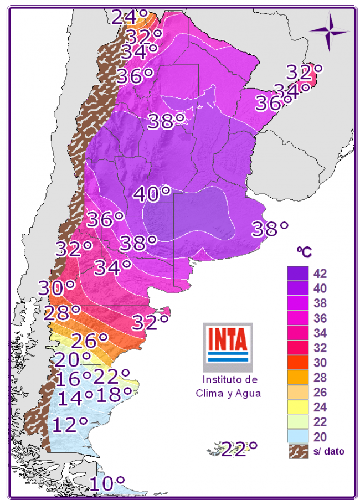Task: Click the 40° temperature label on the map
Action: pos(152,194)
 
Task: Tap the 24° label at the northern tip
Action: pos(131,17)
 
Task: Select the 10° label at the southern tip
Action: pos(107,483)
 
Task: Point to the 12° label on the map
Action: pos(71,425)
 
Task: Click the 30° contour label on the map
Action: pos(56,288)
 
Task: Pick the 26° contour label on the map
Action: pos(89,339)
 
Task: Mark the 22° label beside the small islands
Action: pos(239,448)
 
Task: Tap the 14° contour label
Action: pos(76,397)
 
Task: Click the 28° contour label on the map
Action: pos(62,313)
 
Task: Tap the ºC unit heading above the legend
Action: pos(304,252)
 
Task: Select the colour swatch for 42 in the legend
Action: pos(297,273)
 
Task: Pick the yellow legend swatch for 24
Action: pos(297,408)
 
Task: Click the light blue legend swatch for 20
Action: pos(297,437)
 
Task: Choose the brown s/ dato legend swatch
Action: pos(297,451)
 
